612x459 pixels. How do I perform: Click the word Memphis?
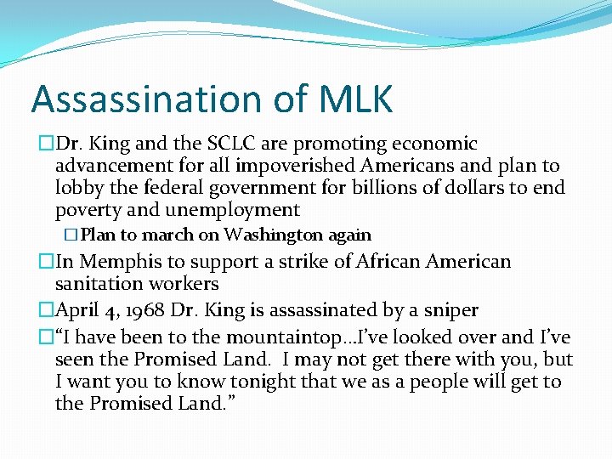coord(112,262)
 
